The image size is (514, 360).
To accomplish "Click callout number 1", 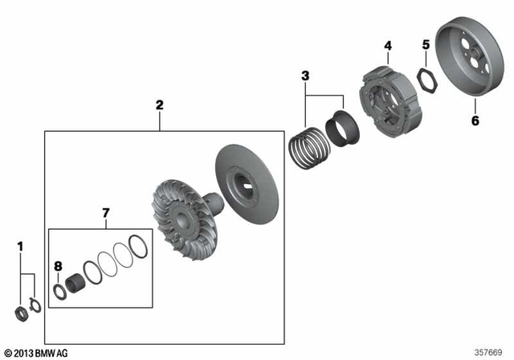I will (21, 246).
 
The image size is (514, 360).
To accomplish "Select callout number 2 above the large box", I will (159, 104).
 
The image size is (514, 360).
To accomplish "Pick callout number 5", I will (426, 46).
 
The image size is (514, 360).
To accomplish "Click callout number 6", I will (474, 121).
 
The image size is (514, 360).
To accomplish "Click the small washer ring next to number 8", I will (59, 289).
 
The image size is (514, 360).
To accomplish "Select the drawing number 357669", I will (490, 352).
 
